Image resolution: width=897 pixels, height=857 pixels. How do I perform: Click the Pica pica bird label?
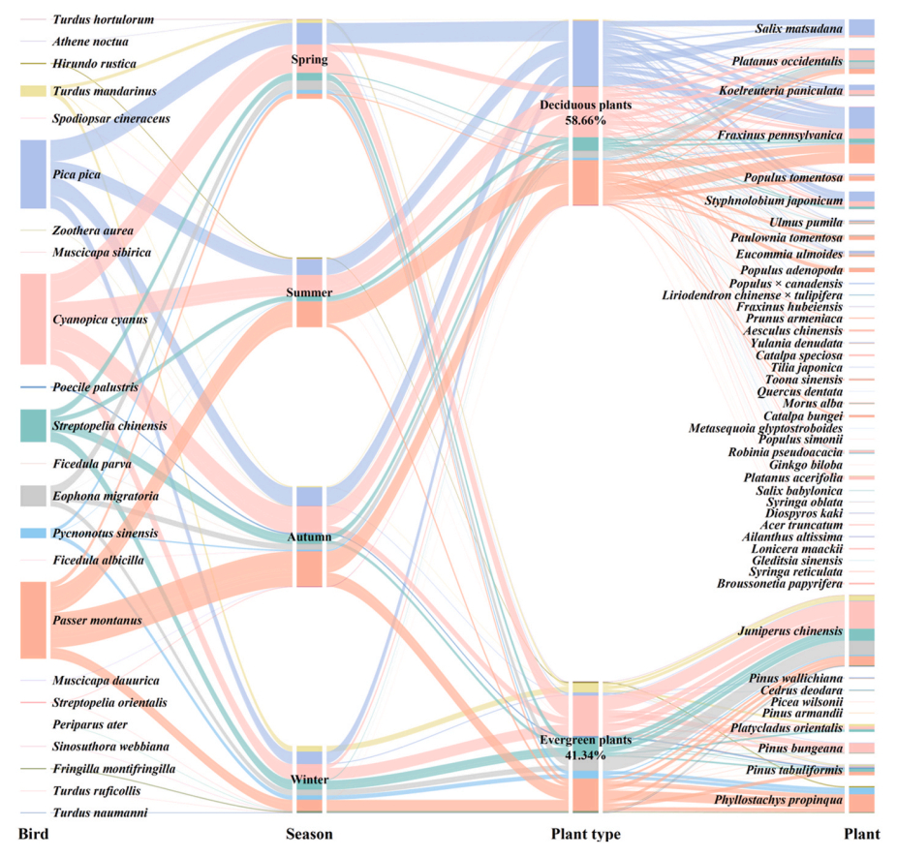pyautogui.click(x=77, y=175)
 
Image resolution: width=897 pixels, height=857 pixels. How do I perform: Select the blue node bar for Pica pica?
pyautogui.click(x=33, y=174)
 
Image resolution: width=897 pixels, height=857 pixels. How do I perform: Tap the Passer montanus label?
pyautogui.click(x=98, y=620)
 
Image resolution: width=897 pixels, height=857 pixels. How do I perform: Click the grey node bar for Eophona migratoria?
pyautogui.click(x=33, y=496)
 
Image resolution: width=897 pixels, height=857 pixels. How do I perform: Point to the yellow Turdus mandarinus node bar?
pyautogui.click(x=33, y=91)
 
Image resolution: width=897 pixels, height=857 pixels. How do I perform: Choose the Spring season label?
pyautogui.click(x=309, y=60)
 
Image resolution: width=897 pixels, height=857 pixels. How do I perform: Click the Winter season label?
pyautogui.click(x=309, y=780)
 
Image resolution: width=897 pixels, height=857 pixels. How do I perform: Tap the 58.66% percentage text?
pyautogui.click(x=585, y=121)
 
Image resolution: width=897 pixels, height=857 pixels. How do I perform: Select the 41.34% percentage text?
pyautogui.click(x=585, y=754)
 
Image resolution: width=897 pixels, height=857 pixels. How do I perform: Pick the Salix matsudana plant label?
pyautogui.click(x=798, y=29)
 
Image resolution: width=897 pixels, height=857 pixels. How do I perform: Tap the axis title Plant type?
pyautogui.click(x=585, y=835)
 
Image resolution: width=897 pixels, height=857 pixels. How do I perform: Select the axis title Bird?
pyautogui.click(x=34, y=835)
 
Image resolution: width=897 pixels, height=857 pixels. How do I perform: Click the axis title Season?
pyautogui.click(x=309, y=835)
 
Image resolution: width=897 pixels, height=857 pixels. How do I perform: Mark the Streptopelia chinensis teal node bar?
pyautogui.click(x=33, y=426)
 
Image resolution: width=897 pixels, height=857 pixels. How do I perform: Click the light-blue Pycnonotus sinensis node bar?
pyautogui.click(x=33, y=534)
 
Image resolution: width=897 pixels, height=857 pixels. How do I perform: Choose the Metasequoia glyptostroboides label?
pyautogui.click(x=765, y=428)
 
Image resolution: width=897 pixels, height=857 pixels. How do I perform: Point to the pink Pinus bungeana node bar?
pyautogui.click(x=861, y=749)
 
